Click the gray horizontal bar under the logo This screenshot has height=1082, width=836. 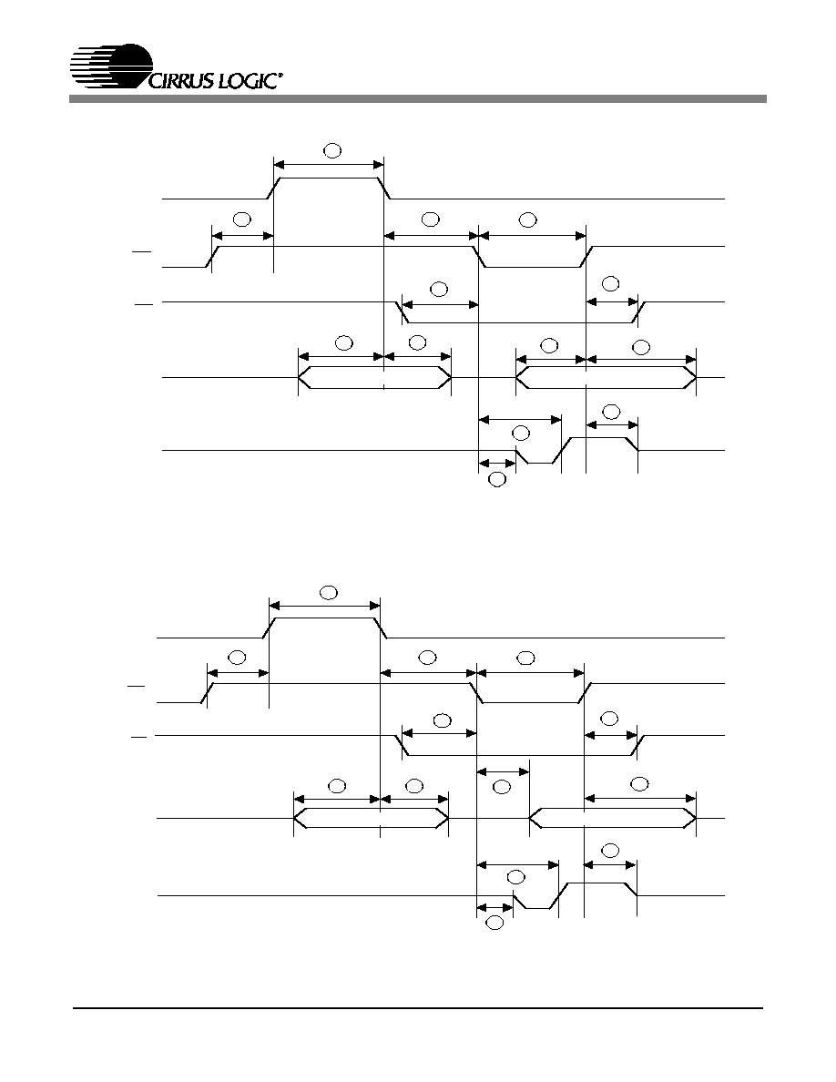[x=417, y=99]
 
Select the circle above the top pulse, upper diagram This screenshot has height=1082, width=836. [x=332, y=150]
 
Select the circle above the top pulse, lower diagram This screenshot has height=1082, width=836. [x=329, y=592]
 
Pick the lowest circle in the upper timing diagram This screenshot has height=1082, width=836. [x=496, y=480]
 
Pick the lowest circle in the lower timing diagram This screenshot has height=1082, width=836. [x=494, y=923]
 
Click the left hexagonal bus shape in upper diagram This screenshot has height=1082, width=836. [x=374, y=377]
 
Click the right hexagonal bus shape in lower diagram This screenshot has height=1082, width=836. [x=613, y=819]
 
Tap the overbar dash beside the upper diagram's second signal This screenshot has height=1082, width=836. [x=142, y=252]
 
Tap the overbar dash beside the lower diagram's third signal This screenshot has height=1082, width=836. [x=138, y=738]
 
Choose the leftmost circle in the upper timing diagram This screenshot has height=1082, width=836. [x=241, y=219]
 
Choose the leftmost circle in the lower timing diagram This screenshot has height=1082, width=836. [x=237, y=657]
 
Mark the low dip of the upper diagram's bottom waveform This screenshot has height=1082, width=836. [x=540, y=463]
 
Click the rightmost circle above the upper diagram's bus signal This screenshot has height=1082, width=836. [x=641, y=346]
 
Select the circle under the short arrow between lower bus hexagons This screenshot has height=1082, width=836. [x=502, y=787]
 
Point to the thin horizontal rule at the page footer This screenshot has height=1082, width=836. [x=419, y=1009]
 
